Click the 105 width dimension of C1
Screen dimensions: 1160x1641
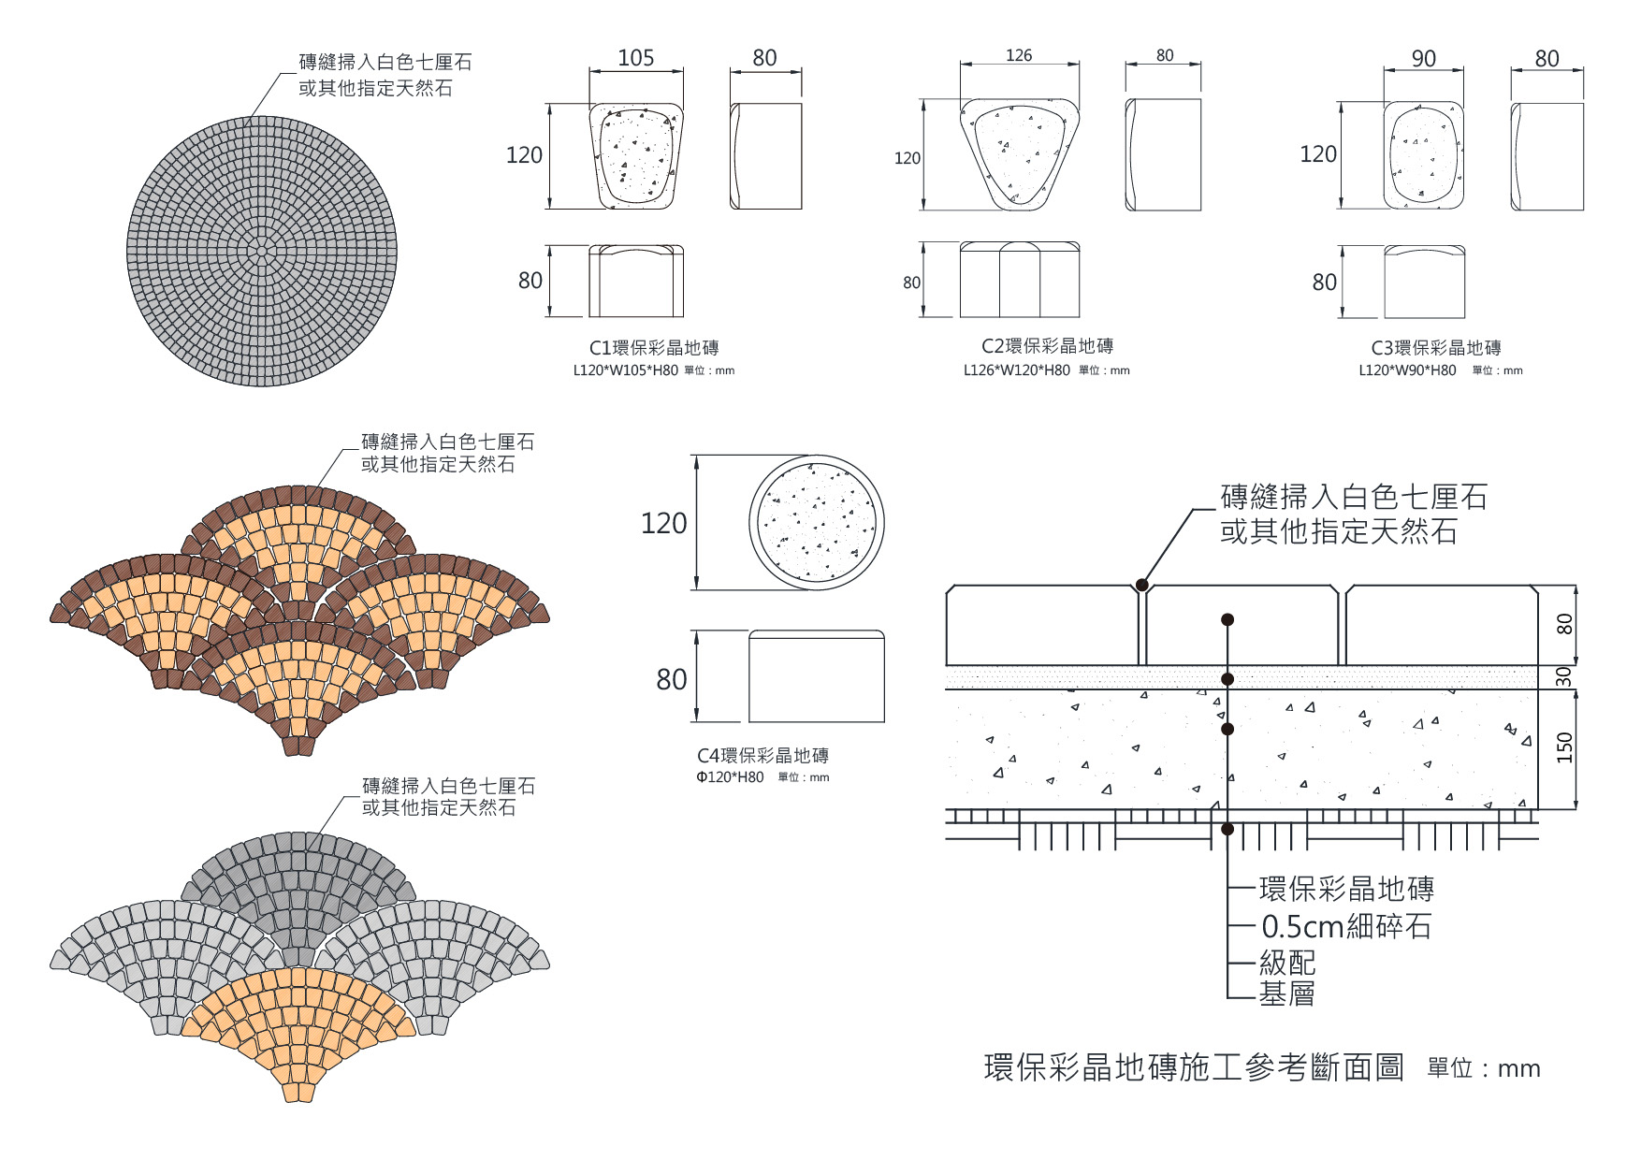tap(635, 58)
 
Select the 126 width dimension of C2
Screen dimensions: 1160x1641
tap(1019, 55)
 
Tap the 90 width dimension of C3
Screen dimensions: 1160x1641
tap(1423, 58)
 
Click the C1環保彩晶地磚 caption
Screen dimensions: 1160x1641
tap(654, 348)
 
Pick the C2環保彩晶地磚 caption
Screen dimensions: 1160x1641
tap(1047, 346)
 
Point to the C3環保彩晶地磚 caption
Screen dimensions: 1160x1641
tap(1436, 348)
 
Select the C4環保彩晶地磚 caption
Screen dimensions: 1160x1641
tap(762, 756)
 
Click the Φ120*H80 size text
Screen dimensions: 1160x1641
tap(730, 777)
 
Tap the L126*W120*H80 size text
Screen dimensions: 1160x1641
tap(1017, 370)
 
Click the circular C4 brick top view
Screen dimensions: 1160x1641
tap(816, 522)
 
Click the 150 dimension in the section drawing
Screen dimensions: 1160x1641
tap(1564, 747)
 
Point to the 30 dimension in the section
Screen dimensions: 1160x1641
tap(1563, 677)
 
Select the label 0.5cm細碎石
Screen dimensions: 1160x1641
tap(1345, 926)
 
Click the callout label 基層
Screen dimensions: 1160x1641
tap(1286, 993)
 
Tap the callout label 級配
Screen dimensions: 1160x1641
tap(1286, 962)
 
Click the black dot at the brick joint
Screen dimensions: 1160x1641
tap(1142, 586)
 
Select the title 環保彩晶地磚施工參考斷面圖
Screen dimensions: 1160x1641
tap(1194, 1067)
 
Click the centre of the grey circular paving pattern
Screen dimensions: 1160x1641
tap(261, 250)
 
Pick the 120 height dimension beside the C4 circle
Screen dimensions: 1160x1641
tap(663, 523)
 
